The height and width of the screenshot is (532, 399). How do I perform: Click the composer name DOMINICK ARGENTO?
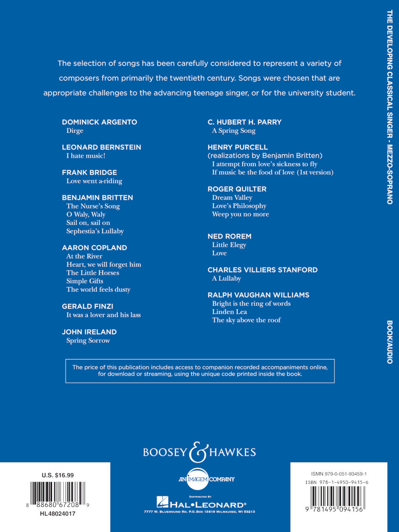(99, 122)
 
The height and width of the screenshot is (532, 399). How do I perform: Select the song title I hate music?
(85, 156)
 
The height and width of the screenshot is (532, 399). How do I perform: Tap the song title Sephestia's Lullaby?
(95, 231)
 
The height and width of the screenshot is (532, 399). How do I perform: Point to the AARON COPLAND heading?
(94, 248)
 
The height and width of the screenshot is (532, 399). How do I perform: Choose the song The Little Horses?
(92, 273)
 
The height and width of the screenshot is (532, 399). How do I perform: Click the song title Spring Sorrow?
(88, 340)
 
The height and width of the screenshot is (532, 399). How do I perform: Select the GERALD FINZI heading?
(87, 307)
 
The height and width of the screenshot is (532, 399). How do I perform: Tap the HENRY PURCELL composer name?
(237, 147)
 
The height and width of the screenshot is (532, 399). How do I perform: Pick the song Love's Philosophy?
(239, 206)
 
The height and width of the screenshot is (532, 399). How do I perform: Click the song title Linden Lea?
(230, 312)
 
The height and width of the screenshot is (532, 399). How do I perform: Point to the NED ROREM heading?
(230, 236)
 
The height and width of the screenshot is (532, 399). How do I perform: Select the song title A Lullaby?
(226, 278)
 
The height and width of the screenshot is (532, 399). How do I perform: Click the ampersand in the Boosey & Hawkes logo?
(199, 452)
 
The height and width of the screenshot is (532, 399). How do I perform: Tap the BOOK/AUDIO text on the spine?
(389, 342)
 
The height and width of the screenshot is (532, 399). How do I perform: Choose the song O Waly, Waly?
(86, 214)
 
